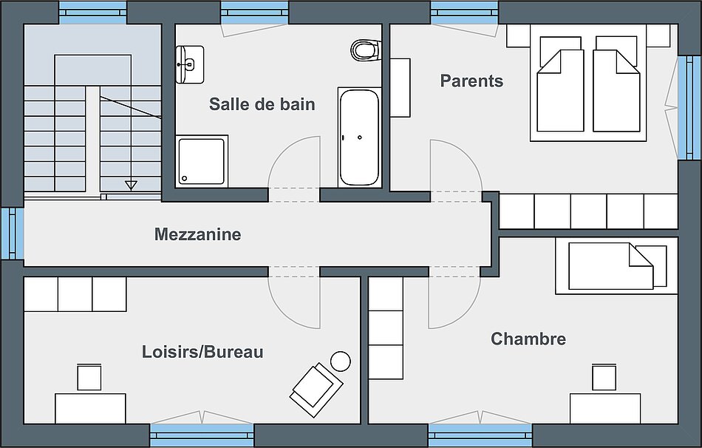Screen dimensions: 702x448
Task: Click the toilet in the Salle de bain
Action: [x=366, y=50]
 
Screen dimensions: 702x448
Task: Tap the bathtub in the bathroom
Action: [x=359, y=138]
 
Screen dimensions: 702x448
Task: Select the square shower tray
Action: [x=202, y=161]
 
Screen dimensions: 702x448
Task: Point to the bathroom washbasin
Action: [x=189, y=64]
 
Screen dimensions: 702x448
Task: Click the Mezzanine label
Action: [x=198, y=234]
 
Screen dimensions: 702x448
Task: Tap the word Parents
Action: [x=471, y=81]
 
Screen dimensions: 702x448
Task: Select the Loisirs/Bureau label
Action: [x=202, y=352]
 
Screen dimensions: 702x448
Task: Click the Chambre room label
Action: [x=528, y=339]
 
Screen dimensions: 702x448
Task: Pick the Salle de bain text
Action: [x=262, y=104]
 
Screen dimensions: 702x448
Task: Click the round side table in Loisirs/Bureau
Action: [x=340, y=361]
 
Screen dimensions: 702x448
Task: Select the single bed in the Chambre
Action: [x=616, y=265]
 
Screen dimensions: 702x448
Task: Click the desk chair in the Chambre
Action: [x=604, y=377]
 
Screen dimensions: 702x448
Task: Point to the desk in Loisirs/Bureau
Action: [x=90, y=408]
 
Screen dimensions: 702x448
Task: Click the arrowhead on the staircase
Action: [x=131, y=185]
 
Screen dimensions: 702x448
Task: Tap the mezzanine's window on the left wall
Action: [x=12, y=233]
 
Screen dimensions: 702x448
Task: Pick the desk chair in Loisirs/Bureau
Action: [x=89, y=377]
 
